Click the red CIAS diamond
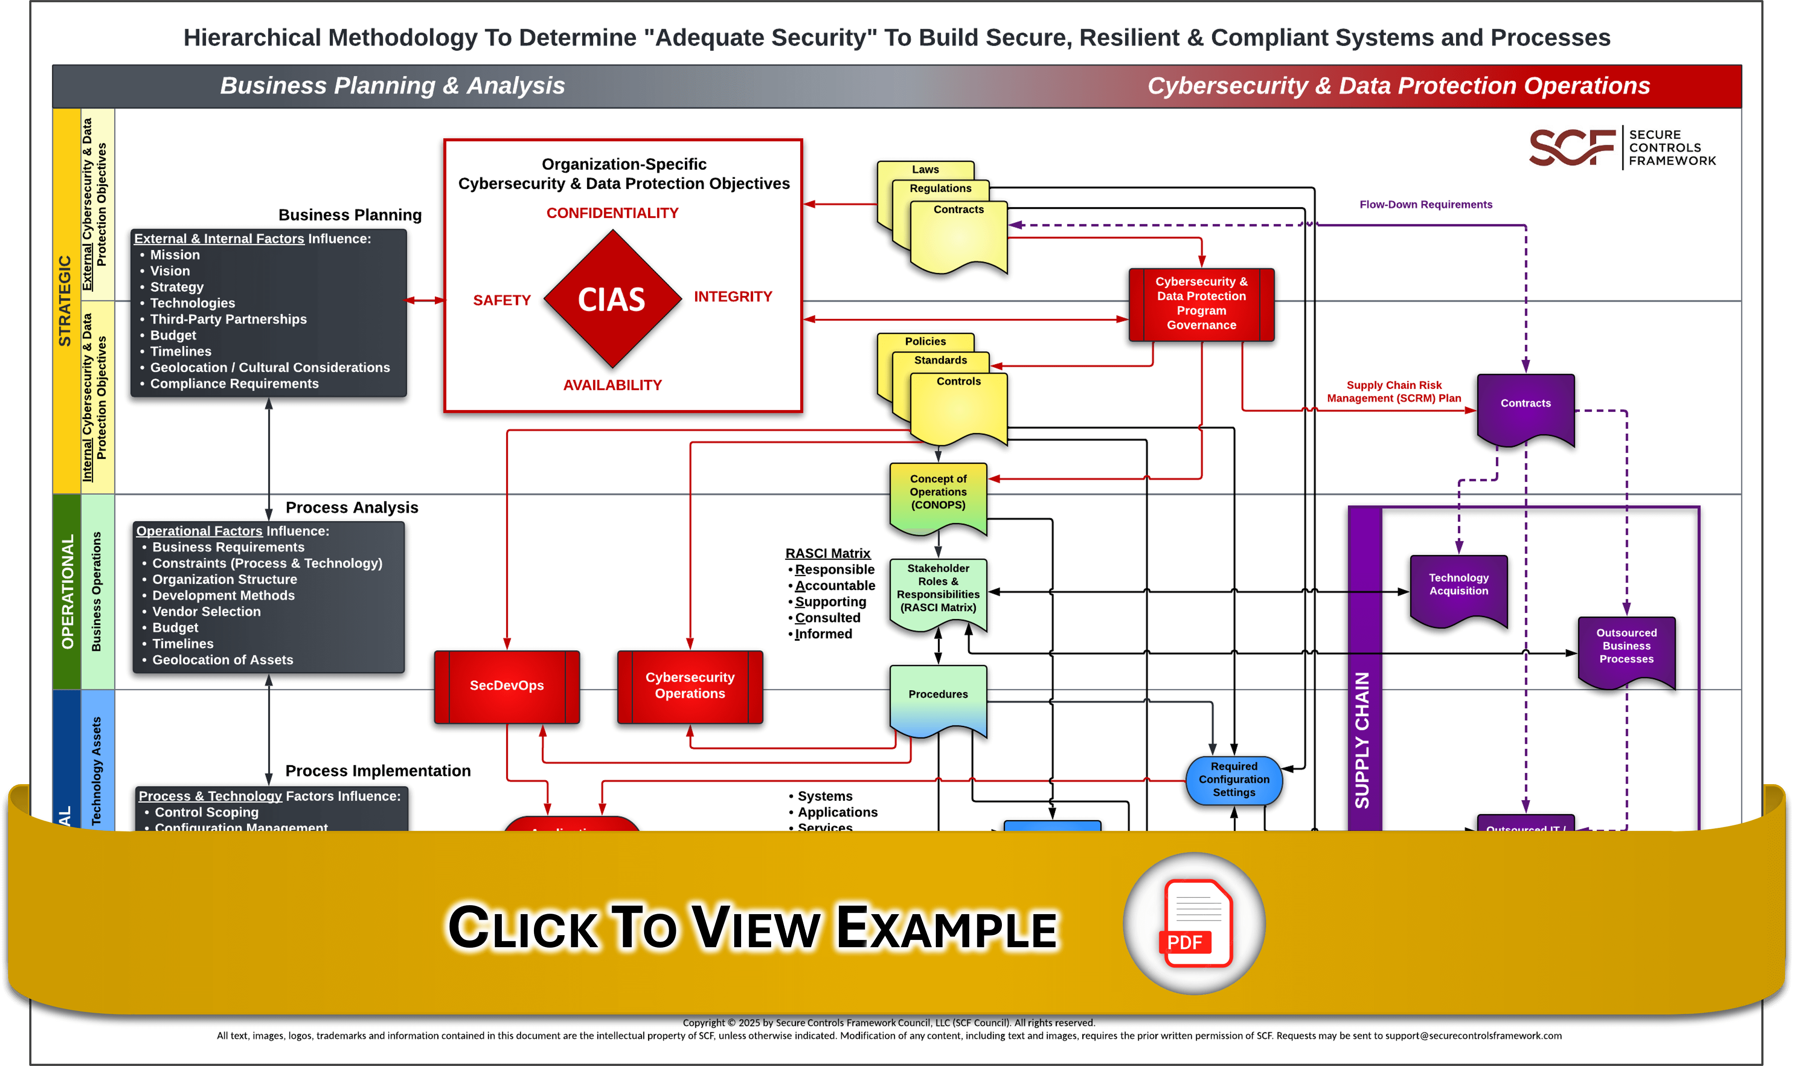point(612,299)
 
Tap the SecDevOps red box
point(507,686)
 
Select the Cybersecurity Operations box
point(690,686)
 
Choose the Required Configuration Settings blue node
point(1234,779)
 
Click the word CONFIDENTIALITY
point(612,213)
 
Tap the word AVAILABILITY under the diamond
point(612,386)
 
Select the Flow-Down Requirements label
point(1426,205)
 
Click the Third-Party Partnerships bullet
point(228,319)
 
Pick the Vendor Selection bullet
point(206,611)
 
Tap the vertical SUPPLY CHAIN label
point(1363,740)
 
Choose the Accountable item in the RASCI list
point(835,586)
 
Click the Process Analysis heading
point(352,508)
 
